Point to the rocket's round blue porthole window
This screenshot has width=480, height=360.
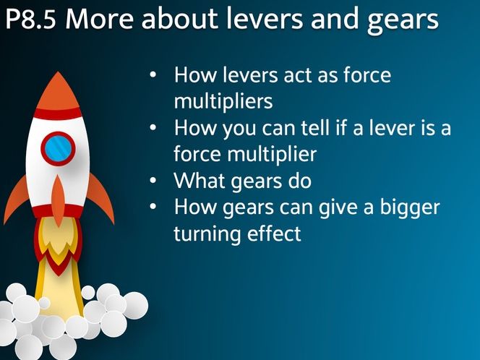58,147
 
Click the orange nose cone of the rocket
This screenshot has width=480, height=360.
57,90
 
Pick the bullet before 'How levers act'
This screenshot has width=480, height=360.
153,74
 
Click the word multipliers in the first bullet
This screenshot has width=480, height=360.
223,101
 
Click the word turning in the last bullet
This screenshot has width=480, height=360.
205,234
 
